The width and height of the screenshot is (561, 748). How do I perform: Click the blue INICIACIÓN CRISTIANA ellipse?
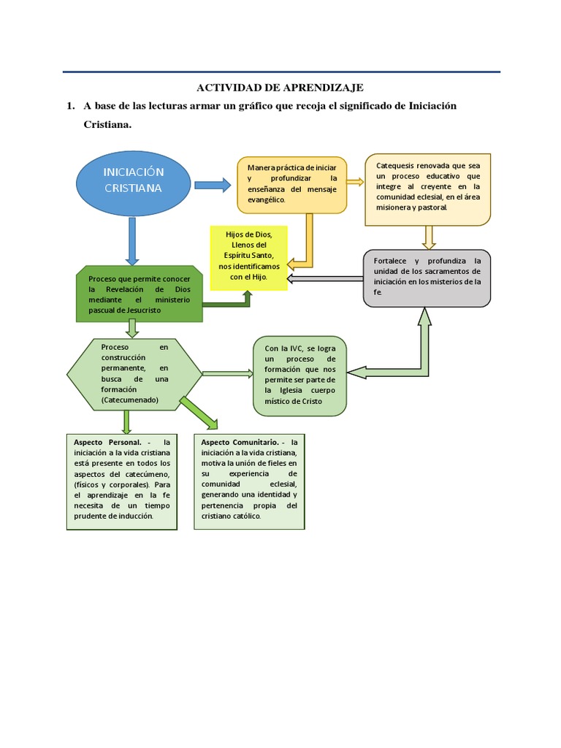(133, 179)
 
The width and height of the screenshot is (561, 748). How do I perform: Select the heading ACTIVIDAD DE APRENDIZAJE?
(281, 88)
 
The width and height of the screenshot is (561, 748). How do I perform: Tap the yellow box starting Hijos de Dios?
(248, 257)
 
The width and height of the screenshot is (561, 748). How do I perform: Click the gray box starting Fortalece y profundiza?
(427, 278)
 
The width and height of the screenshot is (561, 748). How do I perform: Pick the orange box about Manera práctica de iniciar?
(292, 184)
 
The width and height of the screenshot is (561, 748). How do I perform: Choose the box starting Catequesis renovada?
(428, 188)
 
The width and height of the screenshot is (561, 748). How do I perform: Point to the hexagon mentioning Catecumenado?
(134, 374)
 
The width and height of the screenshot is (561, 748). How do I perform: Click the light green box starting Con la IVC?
(299, 375)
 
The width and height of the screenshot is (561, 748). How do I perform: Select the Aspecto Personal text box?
(121, 481)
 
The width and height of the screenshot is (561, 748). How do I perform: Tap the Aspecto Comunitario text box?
(248, 481)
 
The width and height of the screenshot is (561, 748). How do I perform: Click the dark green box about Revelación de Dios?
(139, 294)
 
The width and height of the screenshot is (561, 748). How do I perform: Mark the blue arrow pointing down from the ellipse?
(132, 240)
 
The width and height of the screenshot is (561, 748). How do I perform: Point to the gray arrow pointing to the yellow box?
(325, 278)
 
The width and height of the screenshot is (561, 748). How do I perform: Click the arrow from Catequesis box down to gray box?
(429, 237)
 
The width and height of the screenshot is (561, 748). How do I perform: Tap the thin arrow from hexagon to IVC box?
(227, 373)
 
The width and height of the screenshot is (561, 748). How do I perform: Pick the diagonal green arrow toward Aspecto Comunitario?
(199, 413)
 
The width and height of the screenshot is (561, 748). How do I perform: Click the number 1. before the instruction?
(70, 107)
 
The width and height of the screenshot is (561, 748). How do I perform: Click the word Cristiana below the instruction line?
(107, 125)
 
